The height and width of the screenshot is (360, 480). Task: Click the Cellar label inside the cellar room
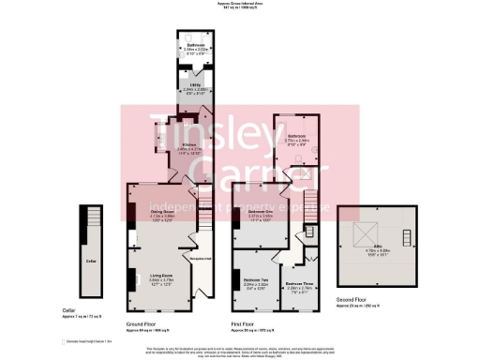click(90, 261)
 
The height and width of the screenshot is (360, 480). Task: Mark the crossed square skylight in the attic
click(359, 236)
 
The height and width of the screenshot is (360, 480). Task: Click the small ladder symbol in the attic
click(406, 235)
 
